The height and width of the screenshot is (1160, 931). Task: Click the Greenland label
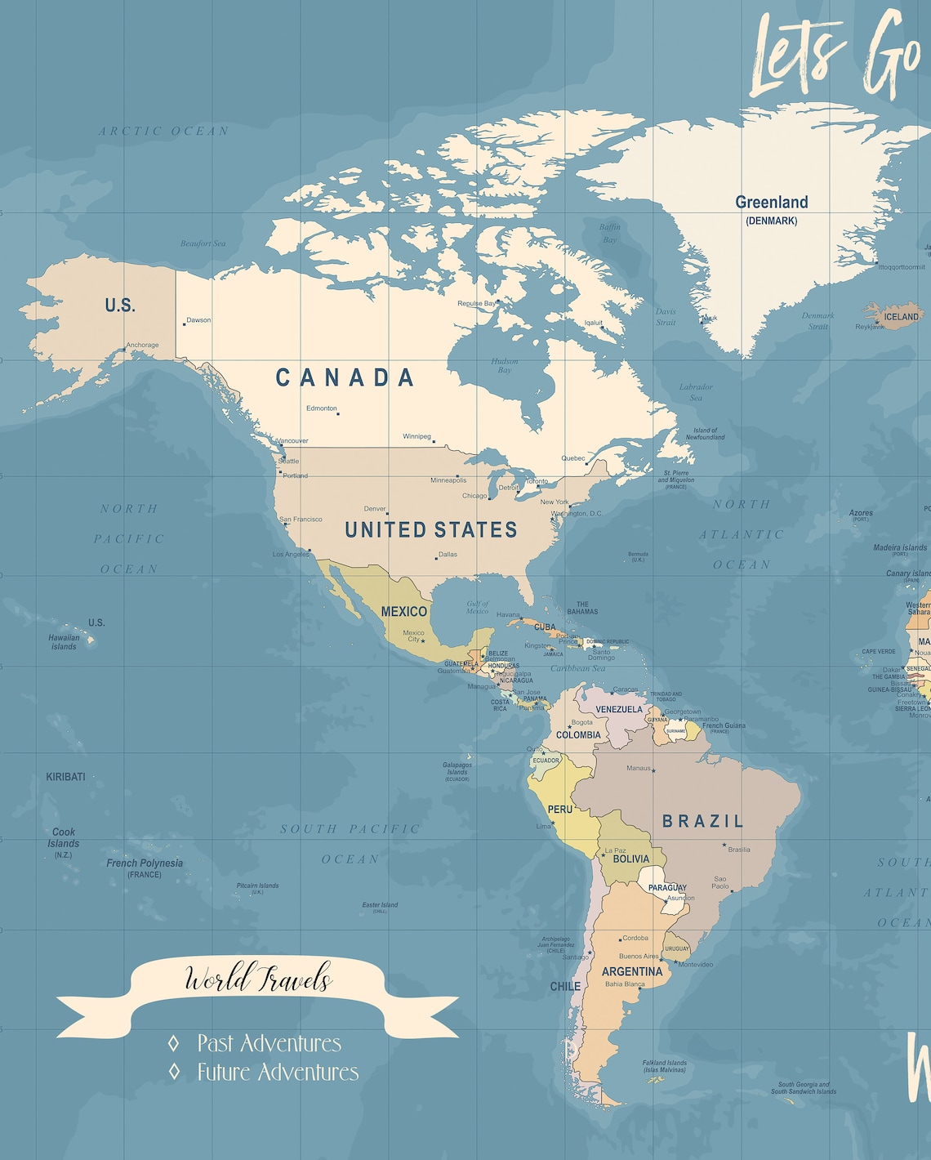click(x=771, y=203)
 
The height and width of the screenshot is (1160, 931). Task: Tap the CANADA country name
click(x=345, y=377)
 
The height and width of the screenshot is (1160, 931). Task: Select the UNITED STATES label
click(x=431, y=530)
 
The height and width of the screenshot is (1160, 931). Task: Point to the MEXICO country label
click(x=403, y=611)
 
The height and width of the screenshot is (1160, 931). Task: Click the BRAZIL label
click(x=702, y=821)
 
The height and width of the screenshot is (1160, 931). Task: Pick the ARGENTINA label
click(x=632, y=971)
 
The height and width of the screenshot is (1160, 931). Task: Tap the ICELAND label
click(x=901, y=317)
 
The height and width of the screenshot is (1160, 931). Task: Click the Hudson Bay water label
click(x=505, y=365)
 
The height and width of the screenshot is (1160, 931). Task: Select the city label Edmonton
click(x=321, y=408)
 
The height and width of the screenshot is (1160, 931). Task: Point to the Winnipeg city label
click(x=416, y=436)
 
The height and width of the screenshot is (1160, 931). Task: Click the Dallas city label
click(x=448, y=555)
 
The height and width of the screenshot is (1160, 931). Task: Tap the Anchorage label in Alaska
click(x=142, y=345)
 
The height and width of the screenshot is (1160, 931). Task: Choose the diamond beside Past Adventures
click(x=173, y=1043)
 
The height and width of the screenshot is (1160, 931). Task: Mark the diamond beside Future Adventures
click(x=173, y=1072)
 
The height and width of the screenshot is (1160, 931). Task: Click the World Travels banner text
click(x=258, y=978)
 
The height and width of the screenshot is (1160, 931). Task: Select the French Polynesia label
click(x=145, y=863)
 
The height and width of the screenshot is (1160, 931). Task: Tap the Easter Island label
click(x=380, y=905)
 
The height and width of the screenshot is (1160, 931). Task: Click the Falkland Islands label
click(x=664, y=1064)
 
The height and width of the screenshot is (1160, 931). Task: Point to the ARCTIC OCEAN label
click(x=163, y=131)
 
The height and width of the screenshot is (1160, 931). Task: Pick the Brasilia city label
click(x=739, y=850)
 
